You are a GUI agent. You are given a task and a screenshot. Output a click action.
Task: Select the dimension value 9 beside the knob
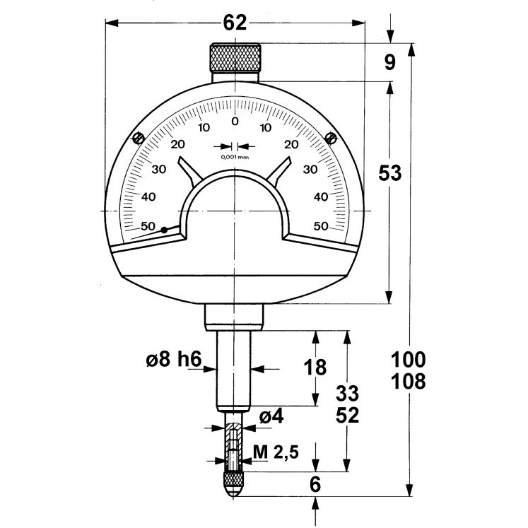point(390,62)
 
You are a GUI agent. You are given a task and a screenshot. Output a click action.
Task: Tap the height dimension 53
point(390,173)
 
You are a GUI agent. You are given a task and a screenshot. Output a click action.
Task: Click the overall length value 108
point(409,382)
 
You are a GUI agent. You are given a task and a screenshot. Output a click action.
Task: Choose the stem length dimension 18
point(316,368)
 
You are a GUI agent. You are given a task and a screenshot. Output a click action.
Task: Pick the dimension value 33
point(346,392)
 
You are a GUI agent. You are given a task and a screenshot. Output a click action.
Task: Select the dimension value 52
point(346,415)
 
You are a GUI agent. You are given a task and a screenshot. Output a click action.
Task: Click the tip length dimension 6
point(315,484)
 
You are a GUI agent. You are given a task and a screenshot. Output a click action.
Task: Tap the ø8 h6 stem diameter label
point(174,360)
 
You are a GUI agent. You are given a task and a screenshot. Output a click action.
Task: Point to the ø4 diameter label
point(271,417)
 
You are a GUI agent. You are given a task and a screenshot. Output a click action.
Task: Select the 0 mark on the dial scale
point(235,121)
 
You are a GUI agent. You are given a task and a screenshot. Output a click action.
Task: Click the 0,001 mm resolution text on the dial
point(235,157)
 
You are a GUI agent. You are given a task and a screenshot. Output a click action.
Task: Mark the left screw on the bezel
point(139,137)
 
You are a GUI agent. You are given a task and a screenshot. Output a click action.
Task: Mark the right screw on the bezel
point(330,137)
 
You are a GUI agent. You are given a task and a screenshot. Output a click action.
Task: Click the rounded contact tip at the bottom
point(234,486)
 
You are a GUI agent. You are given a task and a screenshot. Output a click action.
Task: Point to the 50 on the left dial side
point(148,226)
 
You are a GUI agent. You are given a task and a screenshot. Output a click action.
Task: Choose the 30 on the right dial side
point(310,170)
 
